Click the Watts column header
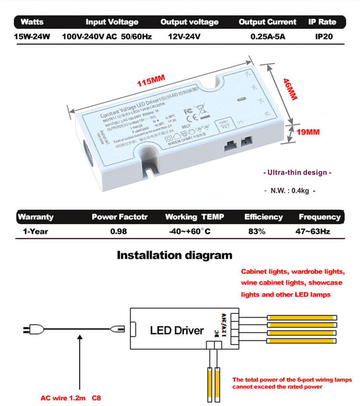[x=32, y=22]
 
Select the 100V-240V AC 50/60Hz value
[x=107, y=37]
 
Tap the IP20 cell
[x=324, y=37]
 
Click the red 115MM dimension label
[x=151, y=81]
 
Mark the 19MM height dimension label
[x=308, y=132]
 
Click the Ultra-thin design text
[x=297, y=172]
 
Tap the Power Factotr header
[x=119, y=217]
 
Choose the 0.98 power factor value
[x=119, y=231]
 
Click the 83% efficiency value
[x=257, y=231]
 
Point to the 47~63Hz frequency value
[x=313, y=231]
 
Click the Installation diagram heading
[x=175, y=255]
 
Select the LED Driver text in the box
[x=177, y=330]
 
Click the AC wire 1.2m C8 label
[x=71, y=398]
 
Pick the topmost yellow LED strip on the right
[x=301, y=318]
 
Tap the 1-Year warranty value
[x=35, y=231]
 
